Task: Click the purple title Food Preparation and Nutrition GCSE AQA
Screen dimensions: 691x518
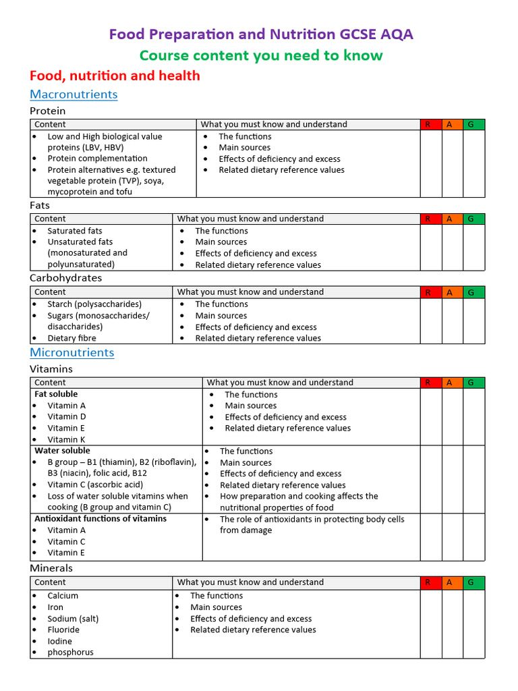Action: (x=260, y=34)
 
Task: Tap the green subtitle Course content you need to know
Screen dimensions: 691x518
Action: (x=260, y=55)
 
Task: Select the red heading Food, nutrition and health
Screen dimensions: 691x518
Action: (x=115, y=76)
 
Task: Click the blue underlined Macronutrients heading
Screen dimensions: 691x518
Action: (x=74, y=94)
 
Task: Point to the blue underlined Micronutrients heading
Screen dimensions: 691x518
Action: (x=72, y=353)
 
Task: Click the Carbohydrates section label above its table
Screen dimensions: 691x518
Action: (x=66, y=278)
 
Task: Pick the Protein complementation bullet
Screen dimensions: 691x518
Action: (x=97, y=159)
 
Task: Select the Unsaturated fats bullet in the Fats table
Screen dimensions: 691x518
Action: (x=80, y=242)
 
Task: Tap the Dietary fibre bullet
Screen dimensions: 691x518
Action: (x=71, y=338)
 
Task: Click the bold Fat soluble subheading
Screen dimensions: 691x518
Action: (x=56, y=394)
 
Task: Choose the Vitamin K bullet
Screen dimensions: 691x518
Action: (x=66, y=439)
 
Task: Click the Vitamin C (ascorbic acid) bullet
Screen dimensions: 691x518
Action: (x=95, y=485)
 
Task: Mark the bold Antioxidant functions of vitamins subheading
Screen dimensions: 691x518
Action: (x=100, y=519)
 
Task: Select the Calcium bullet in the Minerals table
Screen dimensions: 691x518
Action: (x=63, y=596)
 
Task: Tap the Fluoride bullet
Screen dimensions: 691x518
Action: (x=63, y=630)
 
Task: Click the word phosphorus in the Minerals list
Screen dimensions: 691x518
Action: (x=70, y=653)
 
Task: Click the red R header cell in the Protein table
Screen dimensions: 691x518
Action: (x=428, y=124)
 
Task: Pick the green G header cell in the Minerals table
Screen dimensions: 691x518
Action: (x=471, y=582)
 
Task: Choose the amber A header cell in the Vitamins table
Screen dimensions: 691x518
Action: (x=449, y=383)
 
